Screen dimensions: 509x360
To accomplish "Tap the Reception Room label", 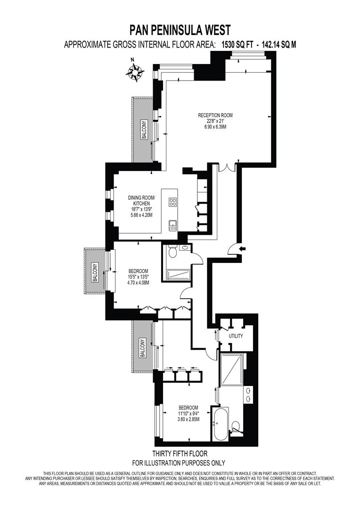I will [x=215, y=115].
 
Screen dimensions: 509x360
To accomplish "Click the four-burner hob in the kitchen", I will [x=172, y=203].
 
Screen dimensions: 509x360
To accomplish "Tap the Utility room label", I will [x=236, y=336].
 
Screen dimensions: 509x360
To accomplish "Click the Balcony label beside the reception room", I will [x=144, y=130].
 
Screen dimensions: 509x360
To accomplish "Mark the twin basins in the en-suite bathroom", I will [x=248, y=394].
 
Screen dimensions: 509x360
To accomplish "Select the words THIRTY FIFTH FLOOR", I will [x=180, y=453].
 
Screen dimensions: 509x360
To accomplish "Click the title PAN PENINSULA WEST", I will [x=180, y=31].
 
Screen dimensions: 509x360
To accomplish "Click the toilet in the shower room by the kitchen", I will [x=173, y=252].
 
